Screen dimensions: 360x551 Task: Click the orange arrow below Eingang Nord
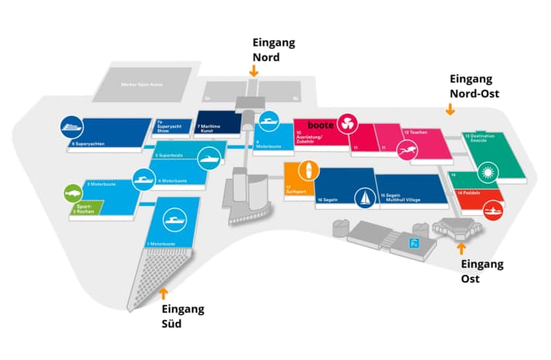pyautogui.click(x=253, y=70)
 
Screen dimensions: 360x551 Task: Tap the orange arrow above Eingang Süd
pyautogui.click(x=163, y=292)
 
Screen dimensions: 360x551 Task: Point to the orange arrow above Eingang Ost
pyautogui.click(x=461, y=249)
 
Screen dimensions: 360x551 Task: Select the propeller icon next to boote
pyautogui.click(x=347, y=124)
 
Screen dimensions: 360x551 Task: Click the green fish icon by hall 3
pyautogui.click(x=71, y=190)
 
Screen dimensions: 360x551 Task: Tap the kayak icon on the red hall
pyautogui.click(x=490, y=208)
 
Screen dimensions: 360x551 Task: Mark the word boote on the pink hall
pyautogui.click(x=321, y=125)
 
